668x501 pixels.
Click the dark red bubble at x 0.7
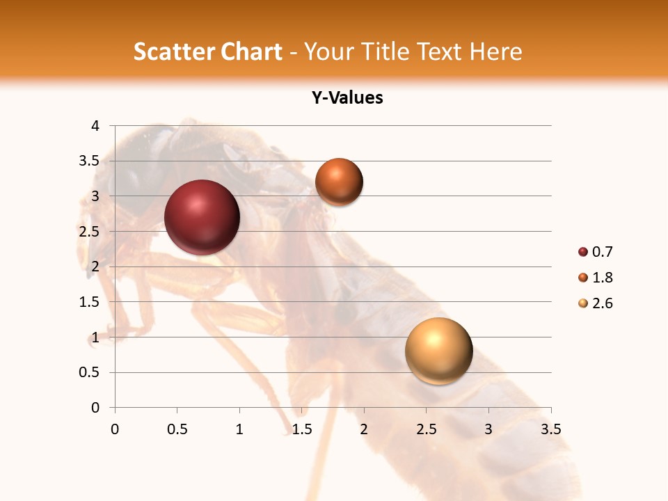[202, 217]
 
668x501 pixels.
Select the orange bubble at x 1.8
[339, 182]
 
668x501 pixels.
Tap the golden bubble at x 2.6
[438, 351]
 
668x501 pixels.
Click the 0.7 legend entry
[596, 252]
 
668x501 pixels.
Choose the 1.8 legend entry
[596, 278]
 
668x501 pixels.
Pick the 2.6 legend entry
[596, 303]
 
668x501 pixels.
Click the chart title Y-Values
[347, 98]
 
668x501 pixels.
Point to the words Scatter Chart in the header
[207, 51]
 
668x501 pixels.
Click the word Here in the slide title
[495, 51]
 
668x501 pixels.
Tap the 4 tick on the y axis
[95, 126]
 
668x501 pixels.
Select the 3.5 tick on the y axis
[90, 161]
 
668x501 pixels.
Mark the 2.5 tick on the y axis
[90, 232]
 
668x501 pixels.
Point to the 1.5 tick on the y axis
[90, 302]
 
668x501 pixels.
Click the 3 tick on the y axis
[95, 196]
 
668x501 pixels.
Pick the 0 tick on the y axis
[95, 408]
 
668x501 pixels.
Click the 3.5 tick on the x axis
[550, 429]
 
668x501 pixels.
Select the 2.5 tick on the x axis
[426, 429]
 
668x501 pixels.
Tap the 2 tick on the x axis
[364, 429]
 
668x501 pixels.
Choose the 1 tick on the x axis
[239, 429]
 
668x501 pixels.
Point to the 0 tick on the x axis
[115, 429]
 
